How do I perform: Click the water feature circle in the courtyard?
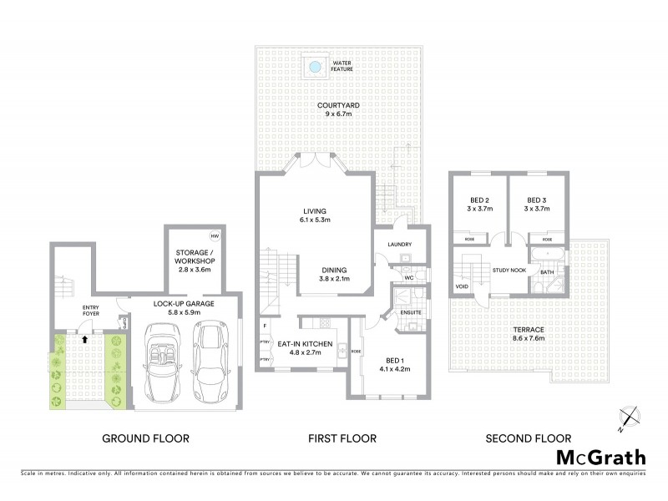(x=315, y=66)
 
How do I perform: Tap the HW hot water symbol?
(x=215, y=235)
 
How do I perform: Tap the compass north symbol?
(x=630, y=417)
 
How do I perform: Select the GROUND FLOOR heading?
(x=145, y=438)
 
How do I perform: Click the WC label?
(x=409, y=278)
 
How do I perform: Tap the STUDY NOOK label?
(x=509, y=271)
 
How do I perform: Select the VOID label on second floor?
(x=462, y=286)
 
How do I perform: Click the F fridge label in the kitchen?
(x=265, y=324)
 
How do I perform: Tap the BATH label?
(x=546, y=271)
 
